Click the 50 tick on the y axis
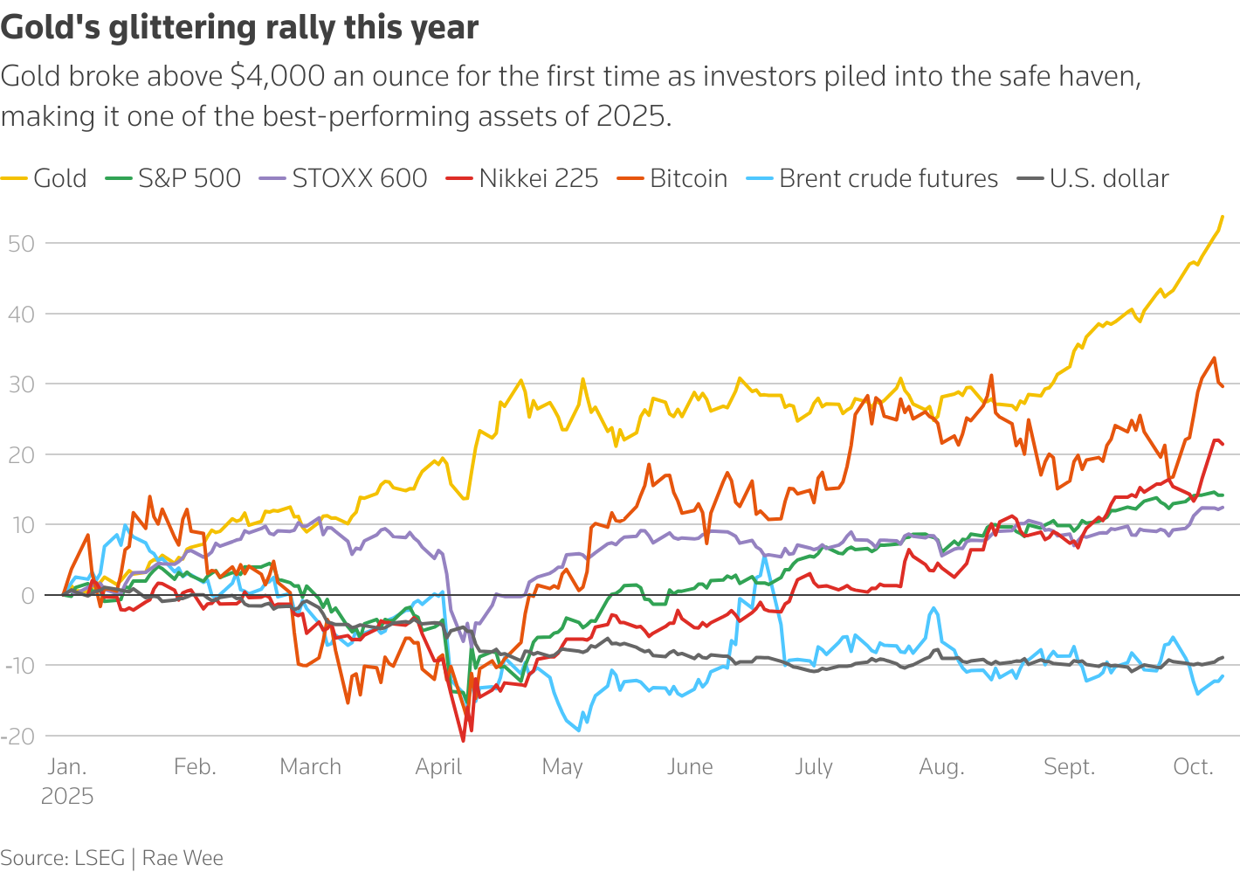pyautogui.click(x=21, y=243)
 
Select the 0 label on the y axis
pyautogui.click(x=27, y=596)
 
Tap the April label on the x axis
pyautogui.click(x=438, y=767)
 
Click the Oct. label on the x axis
pyautogui.click(x=1193, y=767)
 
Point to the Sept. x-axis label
pyautogui.click(x=1069, y=767)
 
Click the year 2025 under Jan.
pyautogui.click(x=67, y=797)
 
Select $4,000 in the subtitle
pyautogui.click(x=278, y=77)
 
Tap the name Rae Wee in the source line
pyautogui.click(x=183, y=858)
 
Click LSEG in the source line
pyautogui.click(x=100, y=858)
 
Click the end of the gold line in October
pyautogui.click(x=1222, y=217)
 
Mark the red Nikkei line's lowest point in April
pyautogui.click(x=463, y=741)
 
